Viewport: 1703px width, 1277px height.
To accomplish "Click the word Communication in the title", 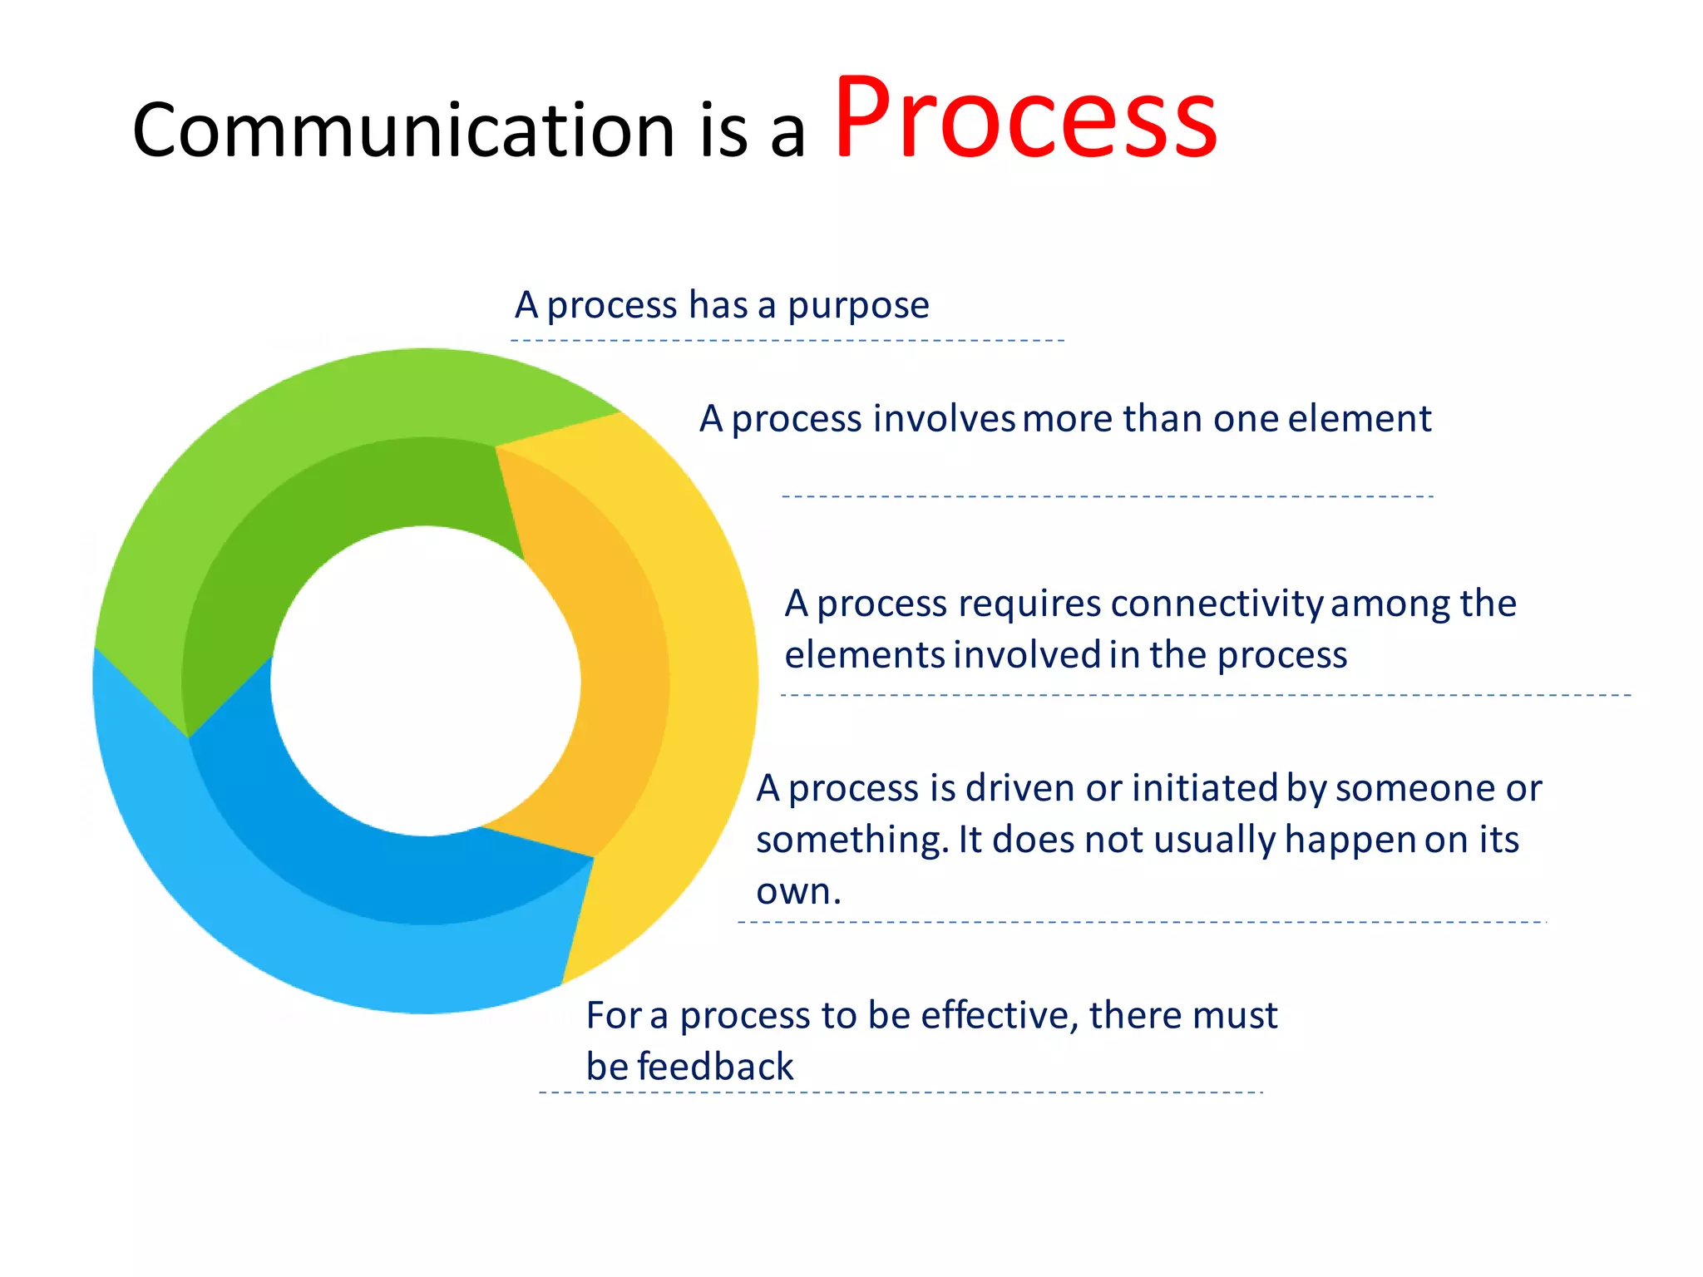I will (x=403, y=131).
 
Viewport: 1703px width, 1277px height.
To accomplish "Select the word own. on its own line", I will (x=797, y=892).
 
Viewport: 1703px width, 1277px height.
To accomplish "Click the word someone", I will (x=1417, y=788).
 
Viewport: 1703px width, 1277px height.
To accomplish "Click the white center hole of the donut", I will (x=425, y=681).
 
